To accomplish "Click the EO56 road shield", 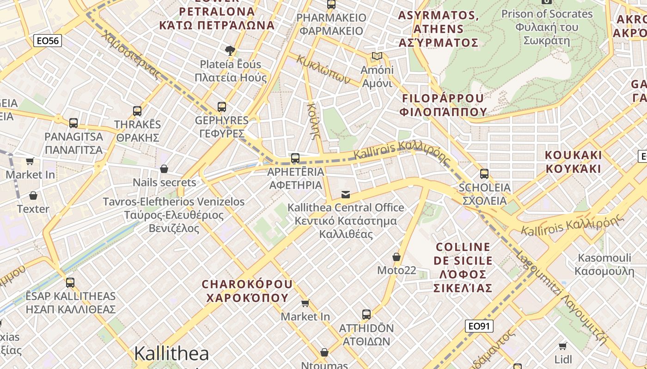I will click(48, 41).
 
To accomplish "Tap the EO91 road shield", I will click(479, 326).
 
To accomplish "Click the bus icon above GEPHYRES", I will click(222, 107).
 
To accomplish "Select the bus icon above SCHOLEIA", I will click(484, 174).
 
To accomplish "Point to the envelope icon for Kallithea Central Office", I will click(346, 194).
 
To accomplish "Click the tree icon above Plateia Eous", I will click(230, 50).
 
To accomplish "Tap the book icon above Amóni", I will click(377, 56).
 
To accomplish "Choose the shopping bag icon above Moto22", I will click(397, 257).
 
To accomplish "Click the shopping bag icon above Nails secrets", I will click(164, 169).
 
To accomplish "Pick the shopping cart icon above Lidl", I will click(563, 346).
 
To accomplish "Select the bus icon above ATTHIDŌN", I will click(366, 315).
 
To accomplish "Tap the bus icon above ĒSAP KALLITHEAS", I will click(70, 282).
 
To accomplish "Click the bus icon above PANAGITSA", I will click(73, 123).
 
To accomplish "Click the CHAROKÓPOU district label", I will click(247, 291).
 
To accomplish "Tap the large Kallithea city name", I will click(171, 354).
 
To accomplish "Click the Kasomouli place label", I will click(604, 264).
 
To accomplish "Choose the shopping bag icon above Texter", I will click(33, 196).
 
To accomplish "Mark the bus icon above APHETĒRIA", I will click(295, 158).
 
